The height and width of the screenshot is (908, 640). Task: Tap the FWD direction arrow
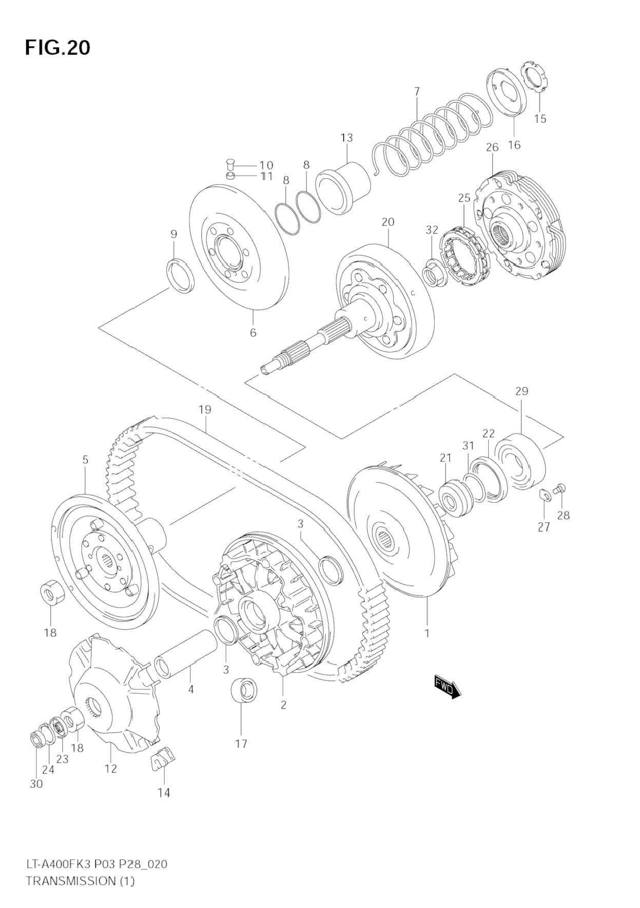(447, 687)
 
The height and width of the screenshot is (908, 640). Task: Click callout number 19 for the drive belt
(205, 410)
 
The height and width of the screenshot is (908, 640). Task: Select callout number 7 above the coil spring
(417, 91)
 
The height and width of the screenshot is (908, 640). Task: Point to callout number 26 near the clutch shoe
(492, 147)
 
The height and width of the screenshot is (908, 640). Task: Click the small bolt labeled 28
(560, 488)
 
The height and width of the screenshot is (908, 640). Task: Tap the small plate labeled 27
(545, 495)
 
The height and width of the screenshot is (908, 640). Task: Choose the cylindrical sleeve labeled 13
(344, 187)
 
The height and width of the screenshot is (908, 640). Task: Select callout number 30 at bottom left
(36, 784)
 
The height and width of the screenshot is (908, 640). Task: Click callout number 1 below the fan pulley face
(426, 633)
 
